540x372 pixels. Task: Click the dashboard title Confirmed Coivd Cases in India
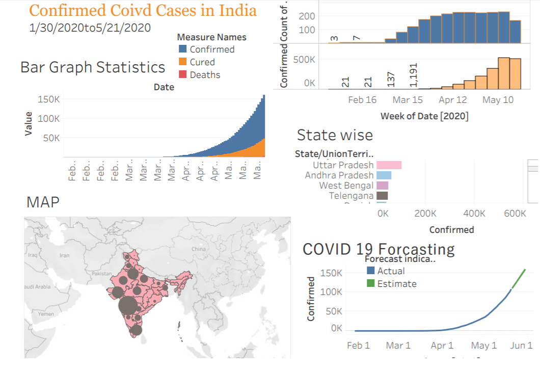143,11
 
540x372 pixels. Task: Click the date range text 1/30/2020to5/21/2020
90,28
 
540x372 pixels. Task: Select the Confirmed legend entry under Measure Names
211,49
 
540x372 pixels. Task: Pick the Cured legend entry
202,62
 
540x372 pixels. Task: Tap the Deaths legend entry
205,75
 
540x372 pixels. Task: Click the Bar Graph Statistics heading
93,68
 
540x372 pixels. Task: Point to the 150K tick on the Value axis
49,99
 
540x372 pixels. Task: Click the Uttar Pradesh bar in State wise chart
389,165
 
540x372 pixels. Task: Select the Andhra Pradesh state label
339,175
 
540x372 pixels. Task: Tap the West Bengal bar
382,185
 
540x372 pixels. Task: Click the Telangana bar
382,196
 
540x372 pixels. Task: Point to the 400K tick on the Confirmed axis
475,214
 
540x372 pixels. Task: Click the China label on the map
199,249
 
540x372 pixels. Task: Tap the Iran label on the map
65,255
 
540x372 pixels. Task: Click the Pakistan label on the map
101,274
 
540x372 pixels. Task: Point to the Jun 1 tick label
522,346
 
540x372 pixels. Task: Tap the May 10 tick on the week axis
498,100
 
